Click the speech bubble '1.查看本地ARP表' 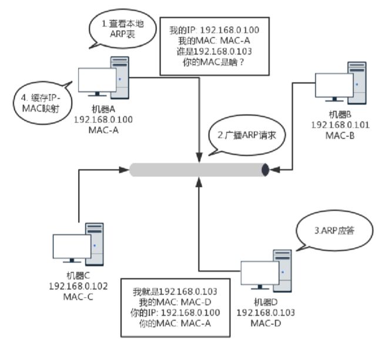tap(122, 29)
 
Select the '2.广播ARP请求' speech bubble tap(247, 135)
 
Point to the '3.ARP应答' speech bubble tap(334, 230)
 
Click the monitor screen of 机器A tap(97, 80)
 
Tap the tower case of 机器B tap(357, 83)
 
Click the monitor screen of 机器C tap(72, 246)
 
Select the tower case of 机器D tap(282, 271)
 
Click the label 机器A tap(103, 109)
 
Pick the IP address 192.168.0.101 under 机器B tap(340, 125)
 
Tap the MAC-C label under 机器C tap(78, 297)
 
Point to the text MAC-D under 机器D tap(266, 324)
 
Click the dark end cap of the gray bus tap(265, 170)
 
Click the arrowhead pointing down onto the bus tap(199, 157)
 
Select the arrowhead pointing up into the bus tap(199, 182)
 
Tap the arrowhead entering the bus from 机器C tap(124, 170)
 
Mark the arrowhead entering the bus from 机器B tap(274, 170)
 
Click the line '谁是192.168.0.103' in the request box tap(214, 52)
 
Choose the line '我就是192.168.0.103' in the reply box tap(175, 292)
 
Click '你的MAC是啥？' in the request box tap(213, 62)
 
